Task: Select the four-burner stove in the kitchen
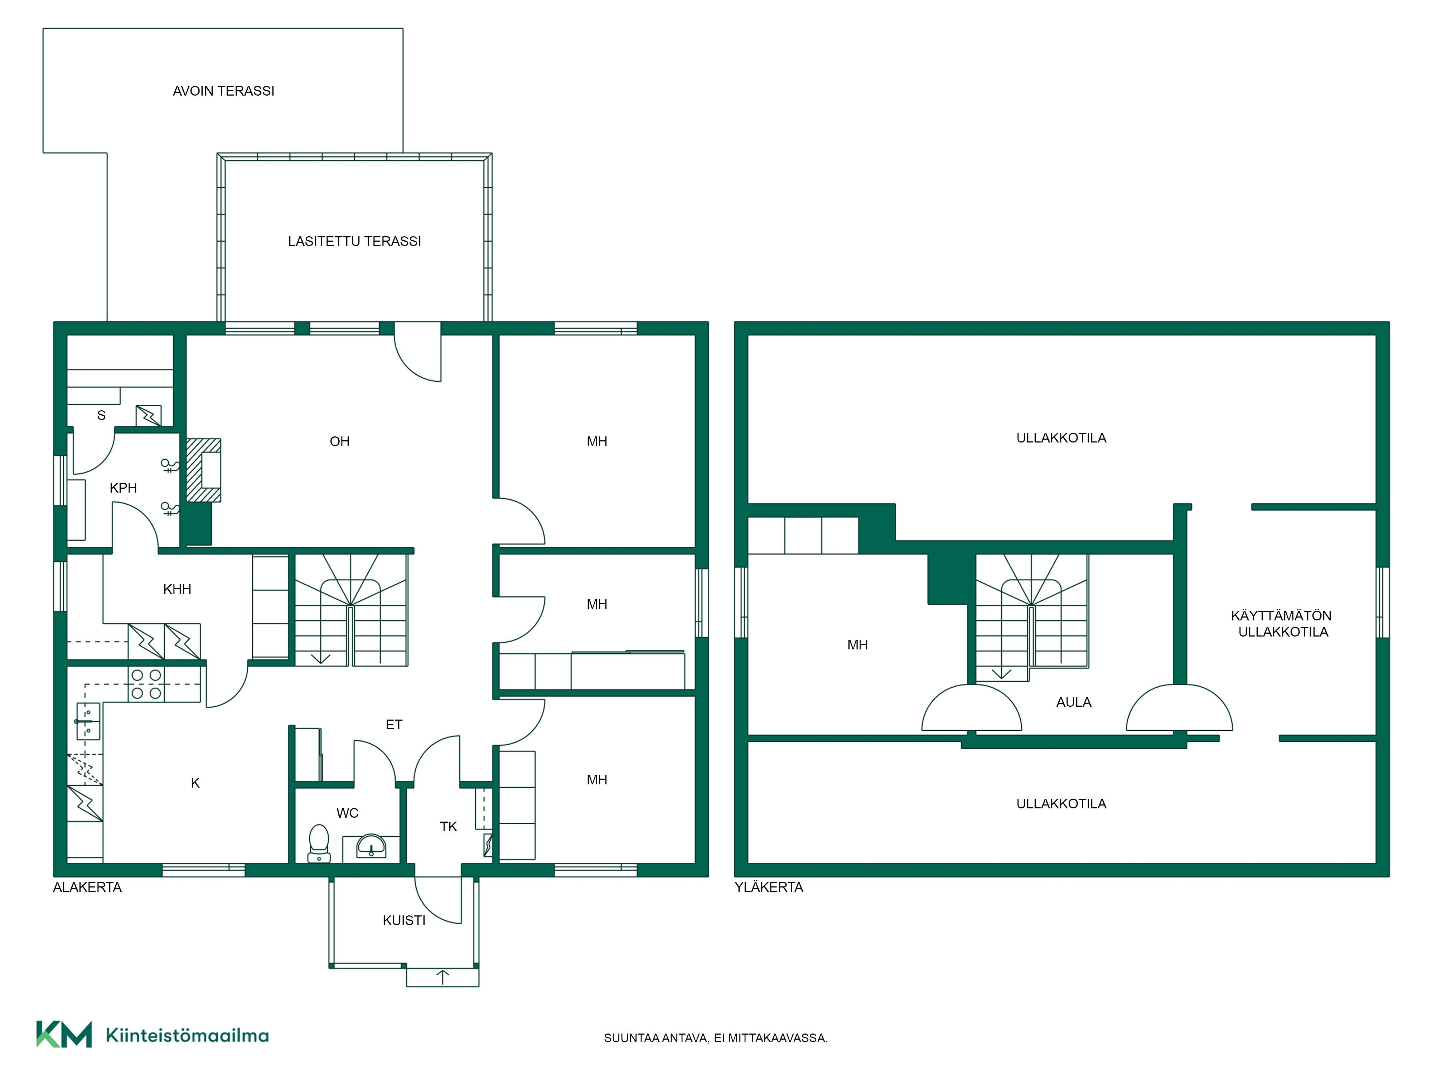click(146, 684)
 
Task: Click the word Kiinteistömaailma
click(187, 1035)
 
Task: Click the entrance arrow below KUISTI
click(443, 977)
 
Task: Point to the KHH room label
click(177, 589)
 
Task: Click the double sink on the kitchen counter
click(88, 721)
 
